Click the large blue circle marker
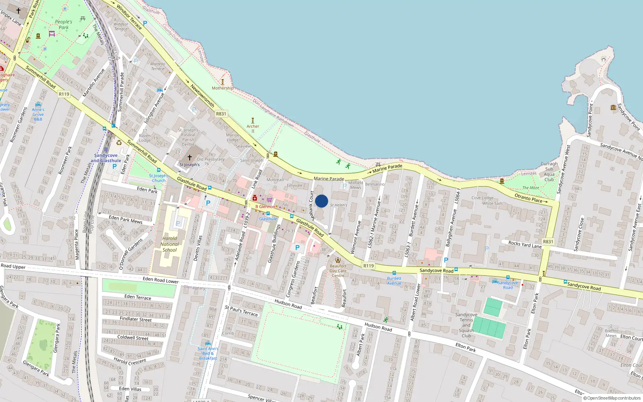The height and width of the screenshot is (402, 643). [321, 201]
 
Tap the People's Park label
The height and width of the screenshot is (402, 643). [63, 25]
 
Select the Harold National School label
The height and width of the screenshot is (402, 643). [170, 244]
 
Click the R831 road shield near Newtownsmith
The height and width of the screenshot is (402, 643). [221, 114]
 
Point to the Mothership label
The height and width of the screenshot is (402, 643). [222, 88]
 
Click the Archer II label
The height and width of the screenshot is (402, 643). [253, 128]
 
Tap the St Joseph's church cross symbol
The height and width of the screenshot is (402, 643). [190, 157]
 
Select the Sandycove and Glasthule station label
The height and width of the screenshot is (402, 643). [106, 158]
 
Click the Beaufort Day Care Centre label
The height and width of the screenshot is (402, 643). [338, 271]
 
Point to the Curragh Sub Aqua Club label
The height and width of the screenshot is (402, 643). [549, 172]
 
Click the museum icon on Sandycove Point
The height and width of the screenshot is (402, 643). [613, 107]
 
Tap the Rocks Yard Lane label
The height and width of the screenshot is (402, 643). [525, 244]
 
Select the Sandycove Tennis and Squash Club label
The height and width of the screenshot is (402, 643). [466, 325]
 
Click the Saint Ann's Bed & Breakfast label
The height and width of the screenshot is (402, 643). [208, 353]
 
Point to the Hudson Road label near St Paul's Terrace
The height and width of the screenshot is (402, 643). [288, 304]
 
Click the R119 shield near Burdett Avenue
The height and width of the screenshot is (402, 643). [369, 266]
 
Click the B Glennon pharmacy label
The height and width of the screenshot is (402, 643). [266, 207]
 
